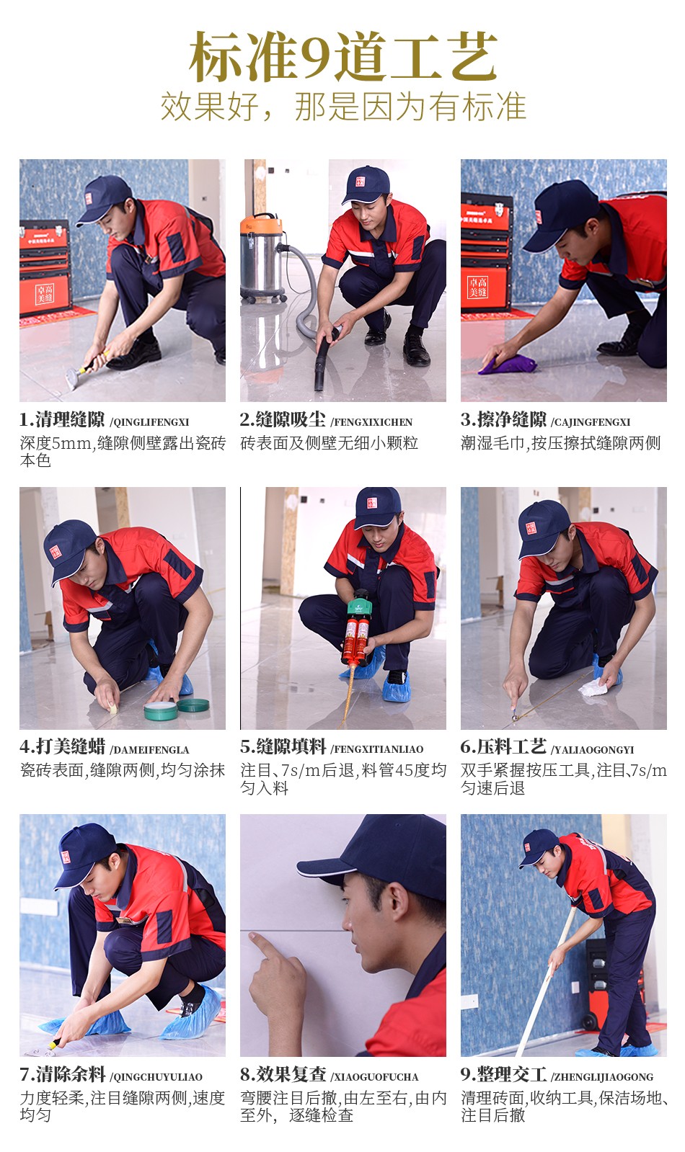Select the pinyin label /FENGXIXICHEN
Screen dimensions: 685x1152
coord(371,422)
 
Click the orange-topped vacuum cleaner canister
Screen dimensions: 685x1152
coord(262,258)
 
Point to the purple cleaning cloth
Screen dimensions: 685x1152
coord(507,364)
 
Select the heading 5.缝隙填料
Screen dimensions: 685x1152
coord(283,746)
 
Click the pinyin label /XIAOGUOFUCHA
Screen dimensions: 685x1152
coord(374,1076)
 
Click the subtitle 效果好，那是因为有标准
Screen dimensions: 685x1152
coord(342,107)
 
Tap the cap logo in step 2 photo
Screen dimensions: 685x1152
coord(361,182)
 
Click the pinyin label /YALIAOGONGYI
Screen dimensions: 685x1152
coord(593,749)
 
